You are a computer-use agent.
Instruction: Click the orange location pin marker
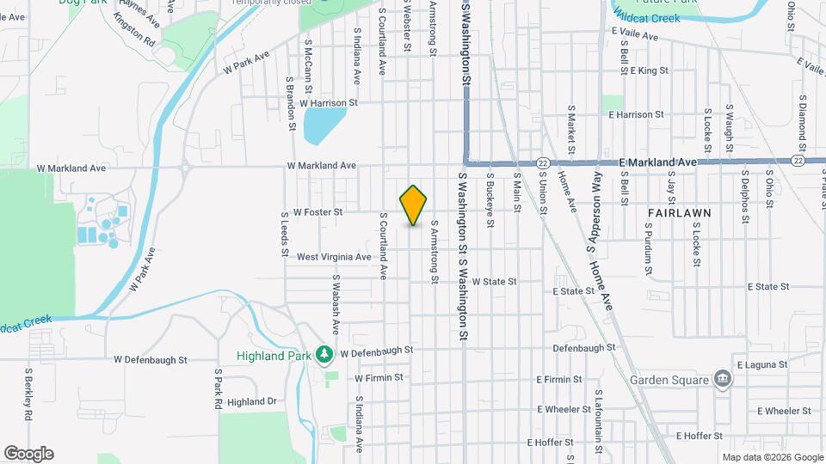414,205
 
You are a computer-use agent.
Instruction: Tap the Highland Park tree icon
324,353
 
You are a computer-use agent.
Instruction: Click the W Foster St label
318,211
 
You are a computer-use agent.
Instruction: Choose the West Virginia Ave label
334,257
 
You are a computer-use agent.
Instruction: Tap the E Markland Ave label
657,162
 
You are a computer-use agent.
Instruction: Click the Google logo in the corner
28,454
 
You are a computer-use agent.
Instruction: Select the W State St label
493,281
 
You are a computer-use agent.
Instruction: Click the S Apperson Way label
594,211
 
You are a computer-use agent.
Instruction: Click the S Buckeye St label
490,198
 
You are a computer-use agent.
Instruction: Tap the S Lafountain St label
596,418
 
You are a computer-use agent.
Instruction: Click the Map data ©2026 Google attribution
772,457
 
